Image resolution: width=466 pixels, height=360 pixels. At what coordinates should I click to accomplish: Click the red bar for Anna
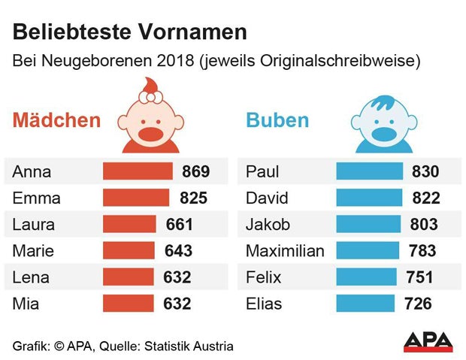coord(138,171)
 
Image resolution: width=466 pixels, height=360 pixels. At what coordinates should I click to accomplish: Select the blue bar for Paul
coord(369,171)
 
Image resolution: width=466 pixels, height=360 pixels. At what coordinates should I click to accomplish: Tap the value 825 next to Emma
coord(194,198)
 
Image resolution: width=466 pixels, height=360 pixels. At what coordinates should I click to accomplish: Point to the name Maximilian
coord(285,251)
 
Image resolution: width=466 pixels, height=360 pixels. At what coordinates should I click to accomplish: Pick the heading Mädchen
coord(56,120)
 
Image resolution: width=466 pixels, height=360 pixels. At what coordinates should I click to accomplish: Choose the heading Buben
coord(277,120)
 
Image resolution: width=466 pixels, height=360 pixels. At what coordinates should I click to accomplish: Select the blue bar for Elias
coord(365,304)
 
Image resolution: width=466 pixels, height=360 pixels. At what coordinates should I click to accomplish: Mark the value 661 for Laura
coord(178,225)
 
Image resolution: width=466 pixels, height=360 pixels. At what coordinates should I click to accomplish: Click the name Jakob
coord(268,225)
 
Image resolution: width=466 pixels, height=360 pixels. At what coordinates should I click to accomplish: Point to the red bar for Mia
coord(128,304)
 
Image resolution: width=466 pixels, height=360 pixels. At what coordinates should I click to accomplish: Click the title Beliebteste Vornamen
coord(130,32)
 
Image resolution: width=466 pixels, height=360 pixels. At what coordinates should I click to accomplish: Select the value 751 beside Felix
coord(419,277)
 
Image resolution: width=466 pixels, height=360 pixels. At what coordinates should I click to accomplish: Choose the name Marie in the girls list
coord(33,251)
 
